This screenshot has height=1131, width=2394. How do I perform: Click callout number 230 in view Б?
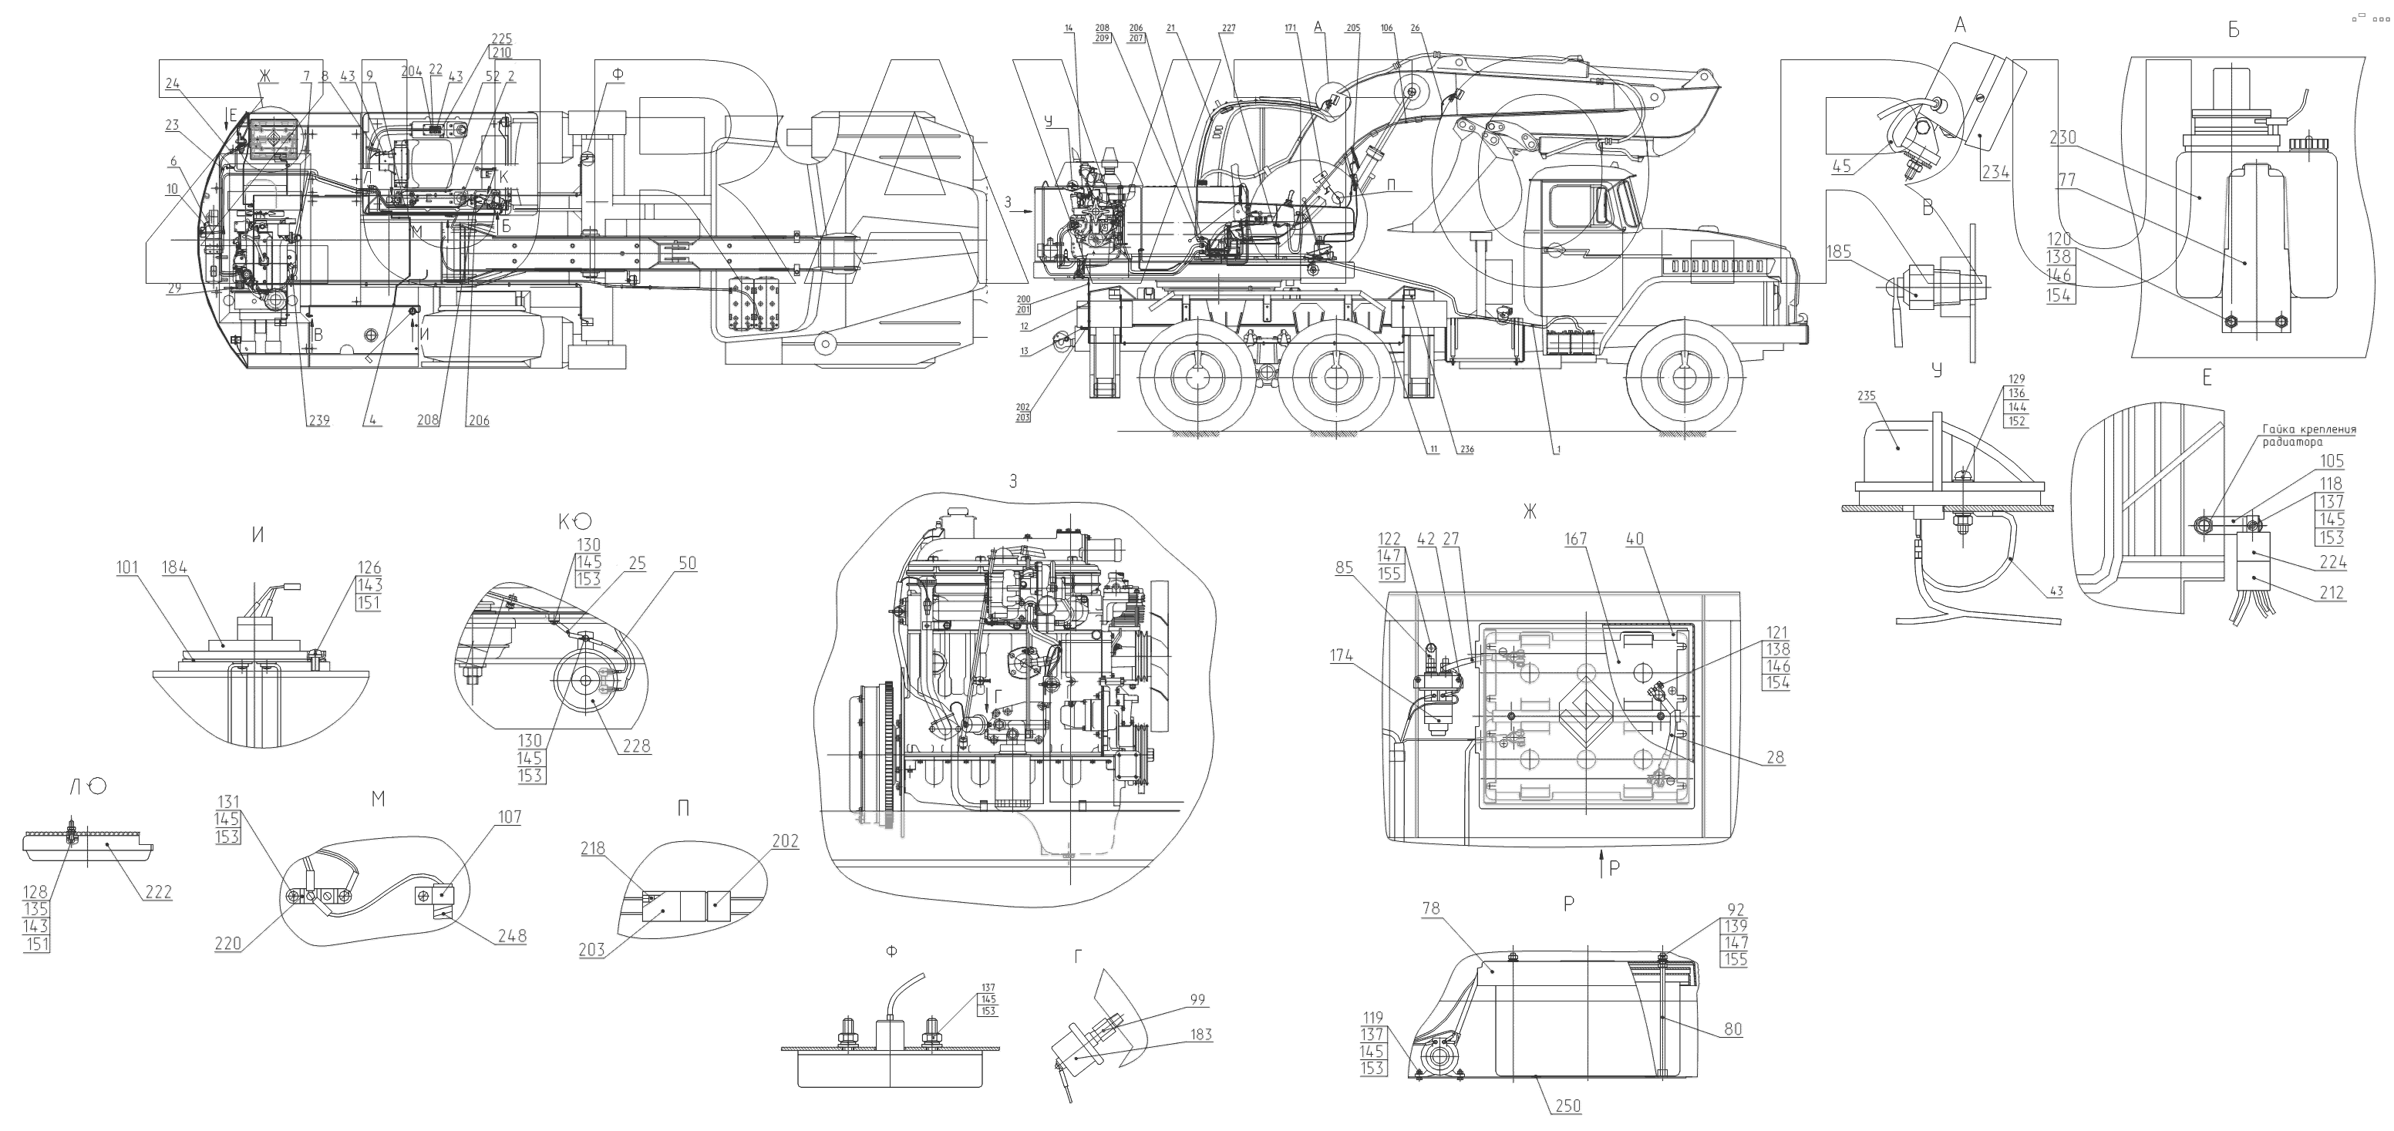point(2063,137)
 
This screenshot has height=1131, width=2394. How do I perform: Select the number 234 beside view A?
point(1995,171)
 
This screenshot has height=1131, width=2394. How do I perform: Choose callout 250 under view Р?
point(1566,1106)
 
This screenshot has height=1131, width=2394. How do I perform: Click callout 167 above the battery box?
point(1575,539)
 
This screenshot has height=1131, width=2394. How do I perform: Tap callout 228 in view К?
point(637,746)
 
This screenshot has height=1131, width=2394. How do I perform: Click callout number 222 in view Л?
point(157,892)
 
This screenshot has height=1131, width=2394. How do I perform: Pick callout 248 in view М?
point(511,936)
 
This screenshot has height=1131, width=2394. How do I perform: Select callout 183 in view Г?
point(1200,1035)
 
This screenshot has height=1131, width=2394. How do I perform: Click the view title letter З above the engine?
point(1013,481)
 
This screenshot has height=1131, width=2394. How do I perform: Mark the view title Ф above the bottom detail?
point(892,953)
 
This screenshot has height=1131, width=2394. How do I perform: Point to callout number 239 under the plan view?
point(318,420)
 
